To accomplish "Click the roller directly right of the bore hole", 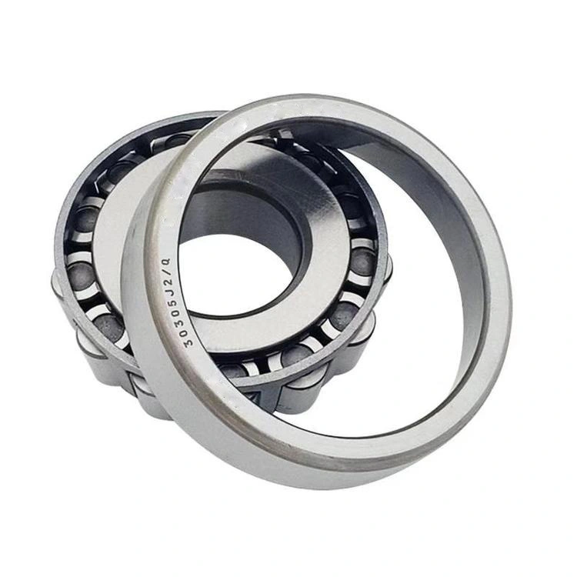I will (362, 262).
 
